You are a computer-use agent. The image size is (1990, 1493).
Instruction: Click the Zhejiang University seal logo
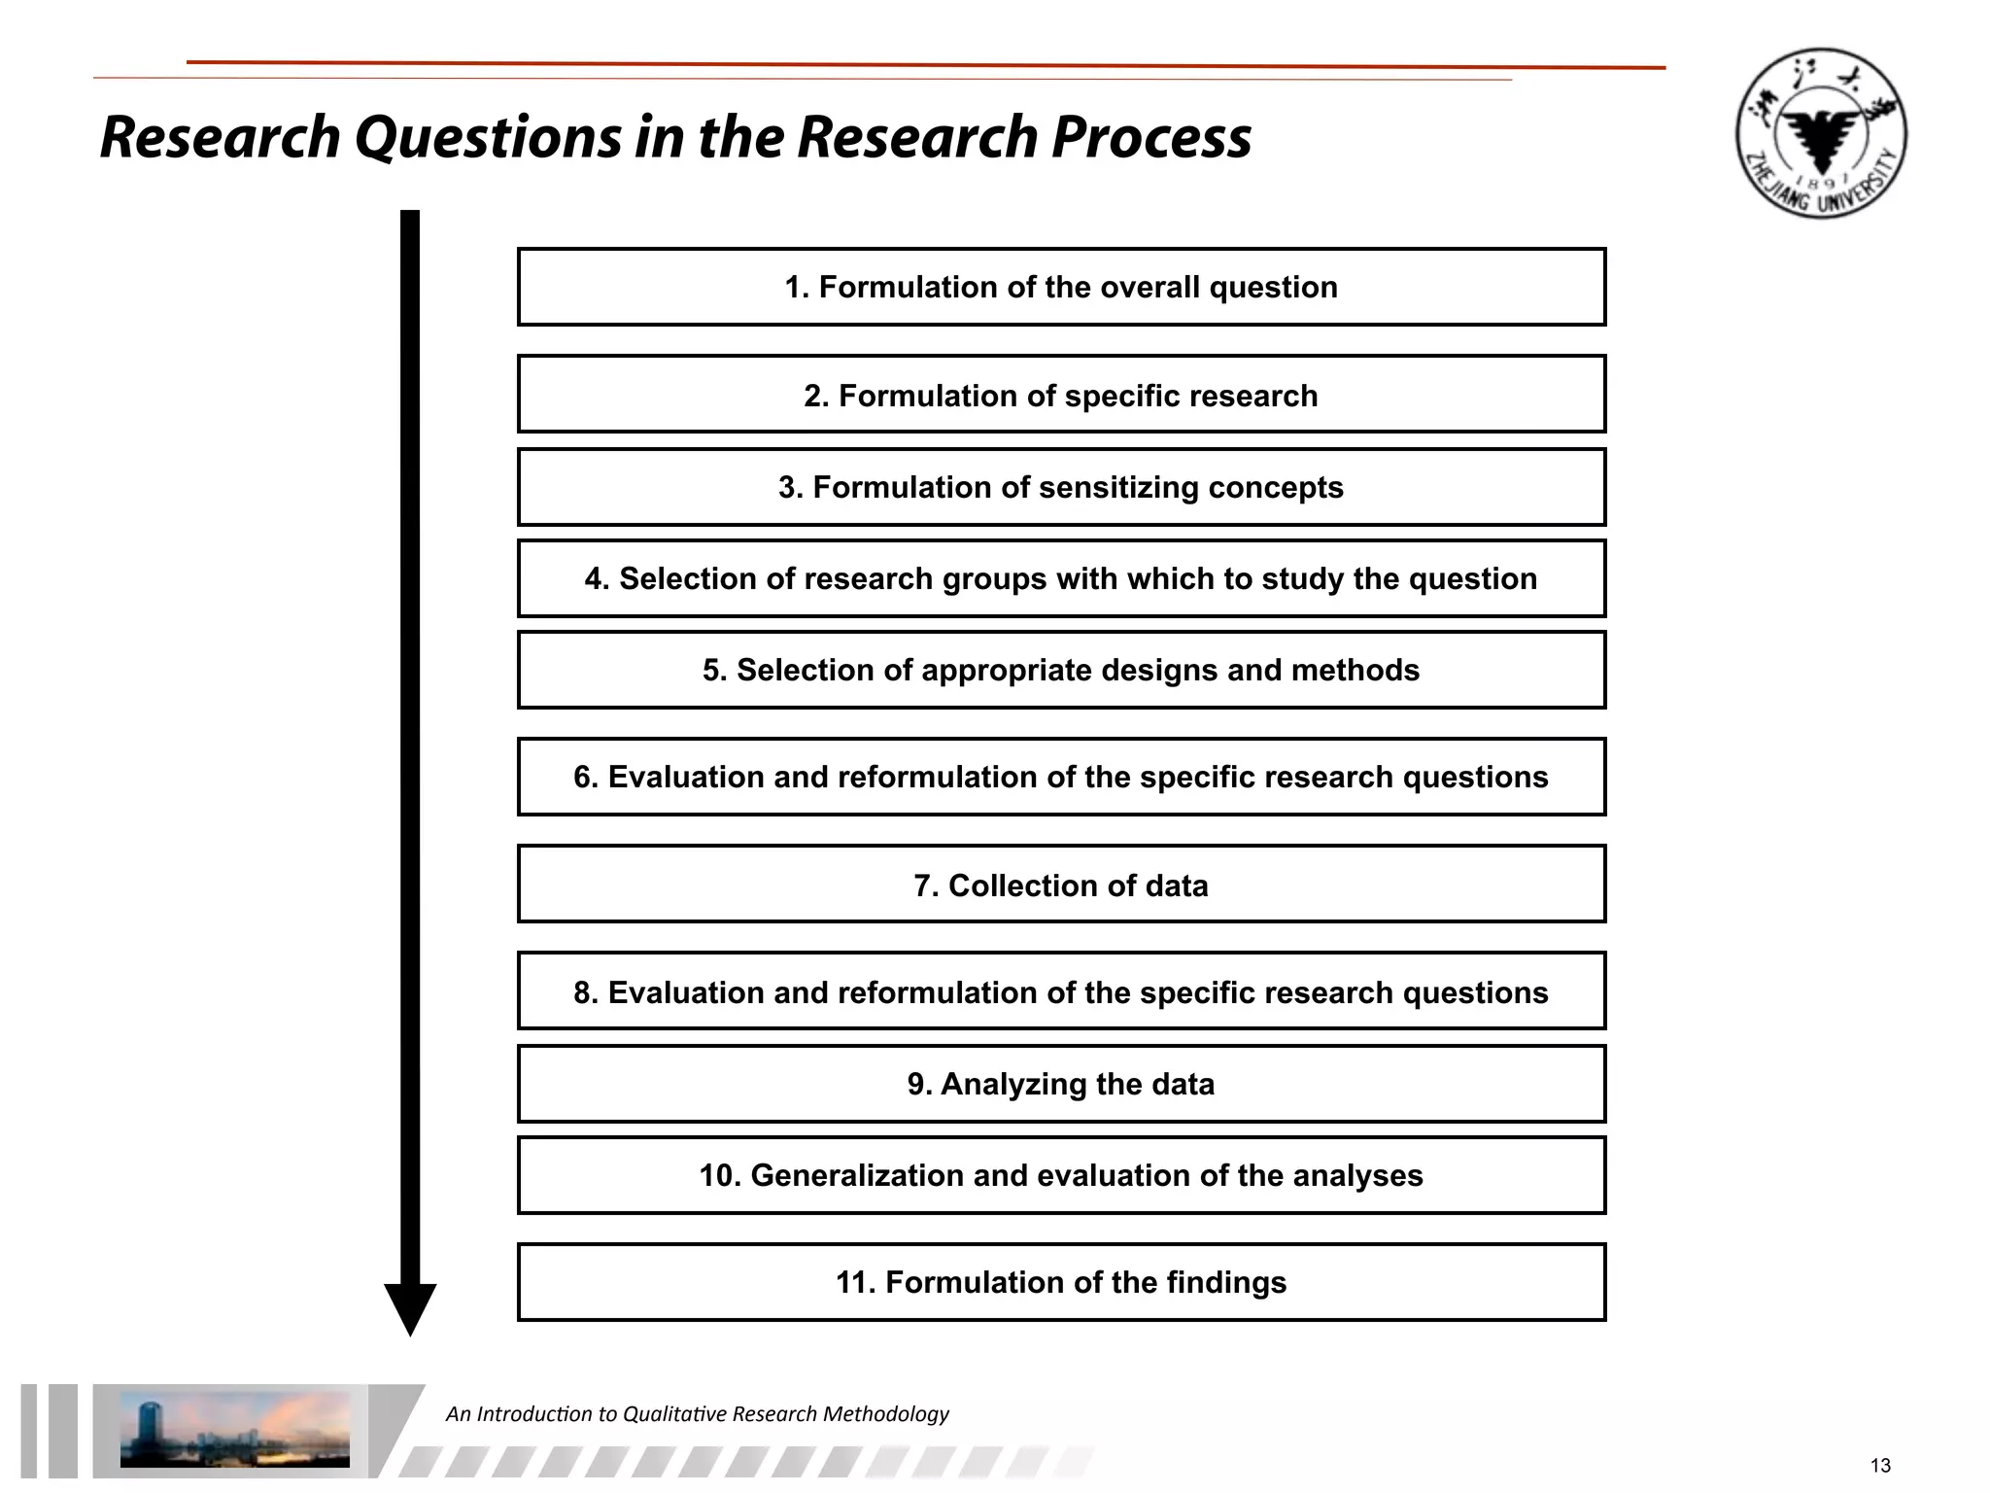click(1821, 133)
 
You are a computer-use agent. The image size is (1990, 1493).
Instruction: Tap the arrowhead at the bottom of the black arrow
click(410, 1307)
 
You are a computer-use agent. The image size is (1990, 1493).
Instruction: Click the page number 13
click(1879, 1466)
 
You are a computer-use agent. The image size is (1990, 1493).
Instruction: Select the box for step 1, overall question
click(1061, 287)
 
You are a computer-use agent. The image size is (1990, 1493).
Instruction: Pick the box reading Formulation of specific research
click(1061, 395)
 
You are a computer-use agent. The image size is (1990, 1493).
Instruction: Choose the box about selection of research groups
click(1061, 578)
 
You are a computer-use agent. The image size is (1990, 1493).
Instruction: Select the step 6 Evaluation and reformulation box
click(1061, 777)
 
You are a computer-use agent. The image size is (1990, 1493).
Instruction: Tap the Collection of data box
click(1061, 885)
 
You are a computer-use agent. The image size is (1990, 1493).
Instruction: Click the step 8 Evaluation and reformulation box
click(1061, 991)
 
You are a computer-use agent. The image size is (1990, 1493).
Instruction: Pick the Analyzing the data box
click(1061, 1084)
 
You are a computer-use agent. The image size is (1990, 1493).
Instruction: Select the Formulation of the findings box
click(1061, 1282)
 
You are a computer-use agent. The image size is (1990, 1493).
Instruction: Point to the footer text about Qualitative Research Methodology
click(697, 1413)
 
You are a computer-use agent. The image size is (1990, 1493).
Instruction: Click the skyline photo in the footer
click(234, 1429)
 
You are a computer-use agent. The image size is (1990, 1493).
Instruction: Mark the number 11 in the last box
click(855, 1282)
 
